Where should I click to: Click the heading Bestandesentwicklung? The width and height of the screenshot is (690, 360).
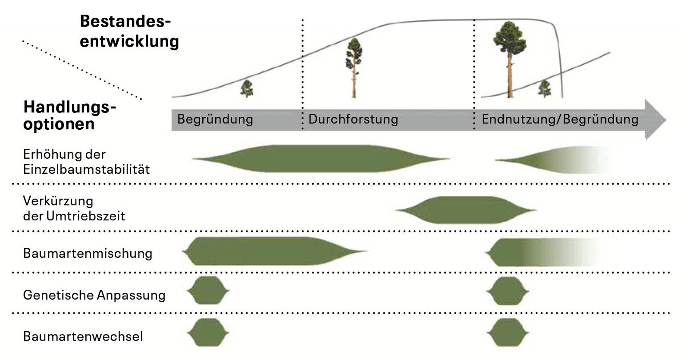coord(129,31)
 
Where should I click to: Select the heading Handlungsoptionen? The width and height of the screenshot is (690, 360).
coord(69,115)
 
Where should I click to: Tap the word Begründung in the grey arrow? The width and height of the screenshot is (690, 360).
coord(215,119)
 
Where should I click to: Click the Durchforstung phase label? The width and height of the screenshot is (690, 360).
coord(353,119)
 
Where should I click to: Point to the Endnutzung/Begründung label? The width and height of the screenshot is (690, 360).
coord(560,119)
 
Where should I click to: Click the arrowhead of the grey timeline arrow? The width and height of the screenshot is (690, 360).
coord(655,119)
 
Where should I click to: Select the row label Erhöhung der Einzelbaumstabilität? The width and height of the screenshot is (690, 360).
coord(86,162)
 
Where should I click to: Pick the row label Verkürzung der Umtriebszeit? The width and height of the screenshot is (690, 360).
coord(74,208)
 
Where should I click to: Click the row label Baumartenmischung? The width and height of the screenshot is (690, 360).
coord(88,253)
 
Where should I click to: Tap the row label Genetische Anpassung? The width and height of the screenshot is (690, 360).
coord(94,295)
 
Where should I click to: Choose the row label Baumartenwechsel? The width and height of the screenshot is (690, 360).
coord(83,336)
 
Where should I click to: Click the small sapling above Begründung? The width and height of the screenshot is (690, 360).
coord(247,88)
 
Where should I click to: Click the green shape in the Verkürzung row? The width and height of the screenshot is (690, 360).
coord(465,210)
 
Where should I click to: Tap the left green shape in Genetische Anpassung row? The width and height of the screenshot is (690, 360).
coord(208,291)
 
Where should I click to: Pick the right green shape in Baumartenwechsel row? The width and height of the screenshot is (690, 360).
coord(508,332)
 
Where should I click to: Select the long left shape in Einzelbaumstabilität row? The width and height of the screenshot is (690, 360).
coord(321,159)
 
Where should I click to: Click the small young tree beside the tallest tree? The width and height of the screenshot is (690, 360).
coord(545,88)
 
